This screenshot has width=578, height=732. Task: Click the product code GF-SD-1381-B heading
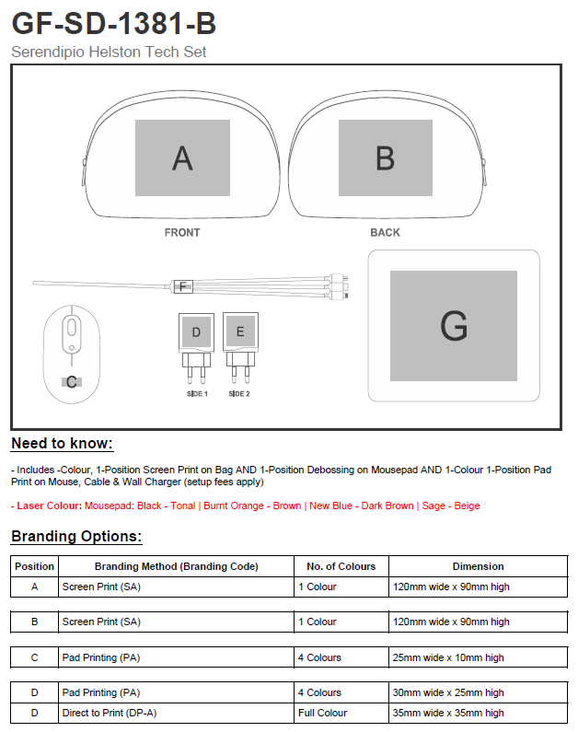113,22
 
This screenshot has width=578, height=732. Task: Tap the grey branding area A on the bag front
182,157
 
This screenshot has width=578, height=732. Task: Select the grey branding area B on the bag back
385,157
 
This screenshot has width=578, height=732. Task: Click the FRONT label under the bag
182,233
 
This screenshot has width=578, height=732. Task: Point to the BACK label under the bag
385,233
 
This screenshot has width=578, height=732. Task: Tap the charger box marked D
196,332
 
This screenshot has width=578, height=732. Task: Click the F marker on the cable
182,286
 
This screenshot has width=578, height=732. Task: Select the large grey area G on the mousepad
453,326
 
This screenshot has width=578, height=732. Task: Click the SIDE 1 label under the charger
196,394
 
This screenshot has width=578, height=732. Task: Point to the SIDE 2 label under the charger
239,394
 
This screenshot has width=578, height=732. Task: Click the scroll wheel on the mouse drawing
71,327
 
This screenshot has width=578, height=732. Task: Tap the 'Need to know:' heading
62,444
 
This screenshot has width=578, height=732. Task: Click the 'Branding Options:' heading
76,537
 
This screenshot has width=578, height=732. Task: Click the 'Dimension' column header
478,566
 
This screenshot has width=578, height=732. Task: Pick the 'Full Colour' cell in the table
322,713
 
